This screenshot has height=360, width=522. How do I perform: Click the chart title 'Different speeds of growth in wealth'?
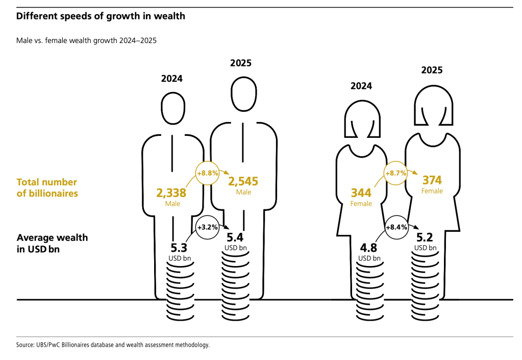click(x=101, y=16)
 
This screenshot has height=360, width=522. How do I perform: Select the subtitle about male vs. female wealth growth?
click(x=86, y=40)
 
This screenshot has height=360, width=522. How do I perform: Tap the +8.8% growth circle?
click(x=208, y=173)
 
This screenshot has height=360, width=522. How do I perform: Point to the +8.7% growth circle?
click(x=395, y=173)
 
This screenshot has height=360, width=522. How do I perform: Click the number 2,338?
click(x=171, y=194)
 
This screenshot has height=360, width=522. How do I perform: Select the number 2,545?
click(x=243, y=181)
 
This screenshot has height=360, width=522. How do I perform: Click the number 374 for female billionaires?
click(x=432, y=180)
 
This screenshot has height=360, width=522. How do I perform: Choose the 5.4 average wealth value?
click(x=235, y=237)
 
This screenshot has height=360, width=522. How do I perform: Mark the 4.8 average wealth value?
click(x=369, y=248)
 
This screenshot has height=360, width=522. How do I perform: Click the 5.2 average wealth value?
click(x=425, y=237)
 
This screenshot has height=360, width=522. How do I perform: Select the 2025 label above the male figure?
click(x=241, y=63)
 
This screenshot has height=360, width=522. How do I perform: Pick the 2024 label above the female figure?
click(x=361, y=86)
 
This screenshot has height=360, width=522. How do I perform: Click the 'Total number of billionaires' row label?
click(x=47, y=187)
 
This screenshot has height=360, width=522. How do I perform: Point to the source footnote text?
click(x=113, y=345)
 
